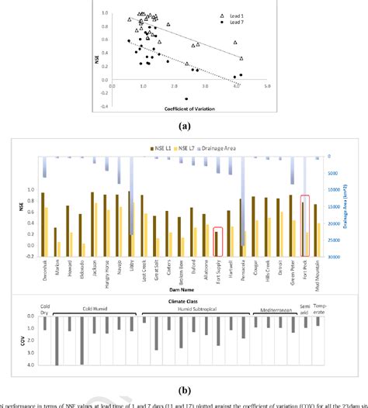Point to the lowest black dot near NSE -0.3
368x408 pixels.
click(186, 99)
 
